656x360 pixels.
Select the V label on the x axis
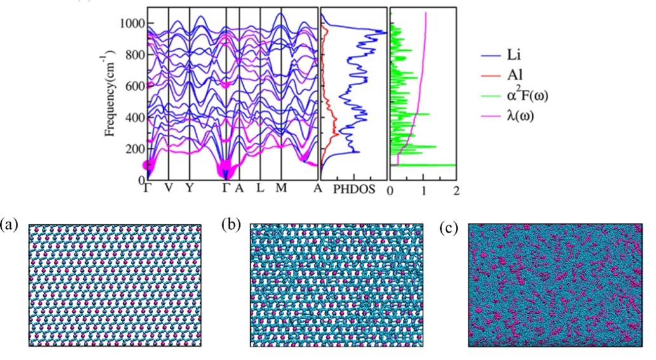coord(168,189)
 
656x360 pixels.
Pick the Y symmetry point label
coord(189,189)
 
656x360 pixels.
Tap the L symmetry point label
coord(259,189)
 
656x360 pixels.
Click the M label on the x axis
coord(280,189)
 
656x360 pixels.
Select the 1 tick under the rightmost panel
coord(424,189)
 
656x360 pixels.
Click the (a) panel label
coord(10,224)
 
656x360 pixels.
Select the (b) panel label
coord(231,224)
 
